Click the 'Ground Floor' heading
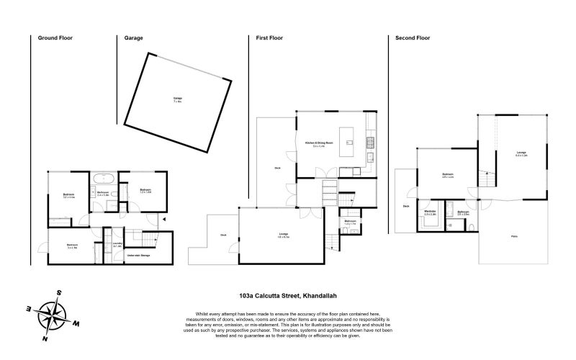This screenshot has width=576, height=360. point(55,37)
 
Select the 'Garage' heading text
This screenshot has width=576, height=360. point(134,37)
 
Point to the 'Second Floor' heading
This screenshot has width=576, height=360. point(413,37)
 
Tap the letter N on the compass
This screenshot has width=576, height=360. point(45,338)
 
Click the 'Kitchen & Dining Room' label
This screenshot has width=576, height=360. point(319,143)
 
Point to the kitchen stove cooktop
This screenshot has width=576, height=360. point(372,139)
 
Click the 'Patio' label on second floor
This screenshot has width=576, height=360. point(514,236)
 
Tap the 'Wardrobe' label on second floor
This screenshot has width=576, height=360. point(431,212)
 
